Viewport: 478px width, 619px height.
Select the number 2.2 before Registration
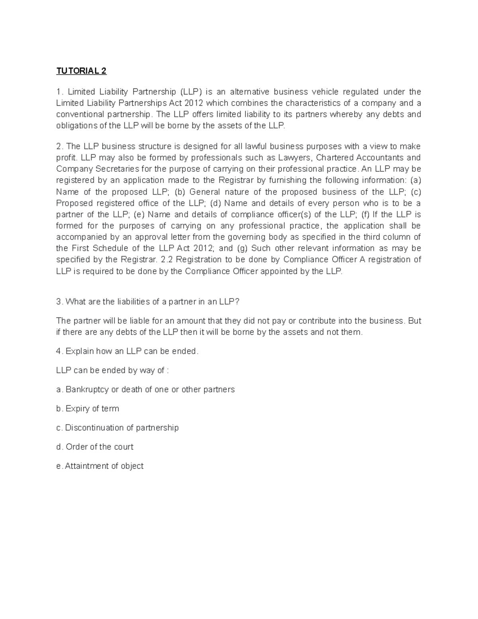166,260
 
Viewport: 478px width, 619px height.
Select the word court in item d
123,447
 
